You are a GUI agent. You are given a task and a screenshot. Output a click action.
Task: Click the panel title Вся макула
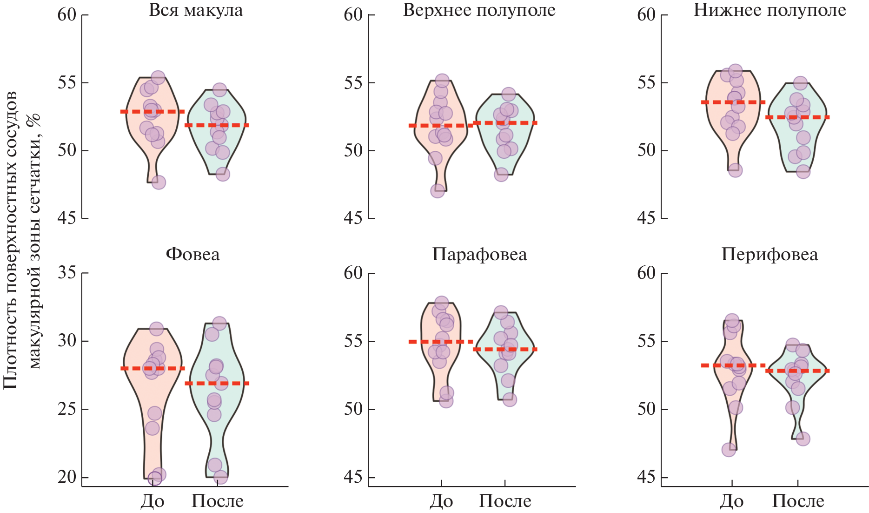tap(195, 10)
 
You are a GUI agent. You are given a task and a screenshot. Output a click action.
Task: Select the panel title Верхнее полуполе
tap(479, 10)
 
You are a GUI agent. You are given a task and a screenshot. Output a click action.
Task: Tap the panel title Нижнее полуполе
tap(769, 10)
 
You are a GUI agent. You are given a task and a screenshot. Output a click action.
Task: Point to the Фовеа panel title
tap(192, 255)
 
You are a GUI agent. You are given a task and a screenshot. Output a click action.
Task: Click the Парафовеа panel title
tap(479, 255)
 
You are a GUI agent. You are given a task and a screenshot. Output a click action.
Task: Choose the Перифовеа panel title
tap(769, 255)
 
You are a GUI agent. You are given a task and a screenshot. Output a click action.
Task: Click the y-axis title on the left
tap(22, 240)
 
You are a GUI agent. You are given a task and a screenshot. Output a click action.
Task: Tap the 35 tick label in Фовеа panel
tap(67, 273)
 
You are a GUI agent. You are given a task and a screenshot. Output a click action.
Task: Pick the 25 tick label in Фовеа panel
tap(67, 409)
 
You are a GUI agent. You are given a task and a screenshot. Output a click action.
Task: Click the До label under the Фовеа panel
tap(153, 501)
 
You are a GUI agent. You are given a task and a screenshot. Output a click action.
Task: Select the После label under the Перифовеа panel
tap(798, 501)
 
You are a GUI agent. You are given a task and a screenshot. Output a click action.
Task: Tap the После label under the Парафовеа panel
tap(505, 501)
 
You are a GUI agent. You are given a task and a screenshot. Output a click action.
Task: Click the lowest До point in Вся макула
tap(159, 182)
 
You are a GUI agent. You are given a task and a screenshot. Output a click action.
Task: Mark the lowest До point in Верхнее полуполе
tap(438, 191)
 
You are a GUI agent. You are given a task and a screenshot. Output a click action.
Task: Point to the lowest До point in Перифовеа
tap(729, 450)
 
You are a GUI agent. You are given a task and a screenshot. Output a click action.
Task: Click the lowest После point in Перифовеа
tap(803, 439)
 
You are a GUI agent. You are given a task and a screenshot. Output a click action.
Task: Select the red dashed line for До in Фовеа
tap(153, 368)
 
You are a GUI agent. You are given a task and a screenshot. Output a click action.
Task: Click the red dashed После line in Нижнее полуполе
tap(797, 117)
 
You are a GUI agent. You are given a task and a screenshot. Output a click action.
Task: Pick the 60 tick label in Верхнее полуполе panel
tap(353, 15)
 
